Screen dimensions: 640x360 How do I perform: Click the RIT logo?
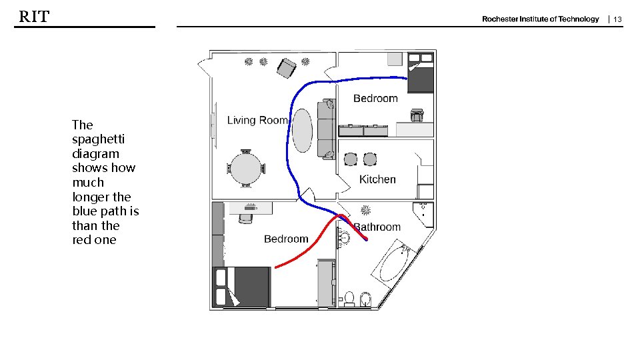[x=34, y=17]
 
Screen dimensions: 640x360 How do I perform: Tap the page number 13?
[x=617, y=19]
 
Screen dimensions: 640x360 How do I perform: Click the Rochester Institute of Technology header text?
[x=541, y=19]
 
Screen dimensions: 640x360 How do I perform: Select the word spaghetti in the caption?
[x=99, y=140]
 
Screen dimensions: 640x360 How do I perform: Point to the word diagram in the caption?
[x=95, y=154]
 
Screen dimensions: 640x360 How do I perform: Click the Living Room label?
[x=257, y=120]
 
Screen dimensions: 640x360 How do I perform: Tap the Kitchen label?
[x=377, y=179]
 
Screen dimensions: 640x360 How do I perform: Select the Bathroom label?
[x=377, y=227]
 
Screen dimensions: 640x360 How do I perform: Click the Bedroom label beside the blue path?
[x=375, y=99]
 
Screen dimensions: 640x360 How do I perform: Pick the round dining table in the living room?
[x=246, y=169]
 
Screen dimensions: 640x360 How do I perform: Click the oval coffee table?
[x=303, y=130]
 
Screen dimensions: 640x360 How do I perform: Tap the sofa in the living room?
[x=327, y=129]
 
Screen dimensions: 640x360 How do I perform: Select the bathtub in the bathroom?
[x=394, y=261]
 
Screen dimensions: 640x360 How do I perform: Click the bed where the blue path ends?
[x=421, y=72]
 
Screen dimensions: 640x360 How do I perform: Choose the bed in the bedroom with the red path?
[x=241, y=287]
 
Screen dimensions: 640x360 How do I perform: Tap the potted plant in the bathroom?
[x=366, y=210]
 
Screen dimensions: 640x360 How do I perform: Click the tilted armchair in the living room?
[x=287, y=68]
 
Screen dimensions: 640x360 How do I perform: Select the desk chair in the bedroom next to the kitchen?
[x=417, y=115]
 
